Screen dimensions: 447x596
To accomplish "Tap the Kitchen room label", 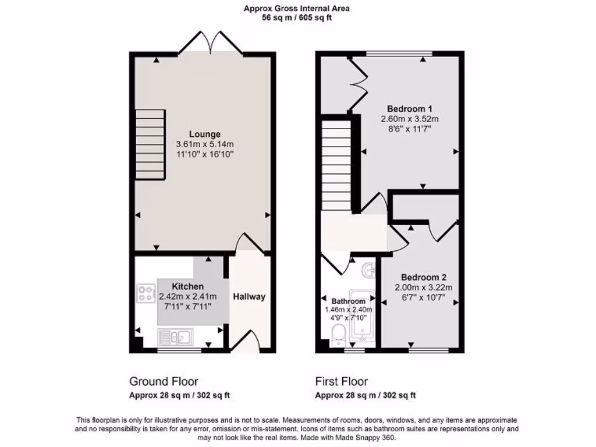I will (x=187, y=286).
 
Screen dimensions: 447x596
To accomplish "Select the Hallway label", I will (x=249, y=296).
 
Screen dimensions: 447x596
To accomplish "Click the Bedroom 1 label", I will (x=409, y=108).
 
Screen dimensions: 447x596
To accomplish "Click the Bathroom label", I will (x=348, y=301).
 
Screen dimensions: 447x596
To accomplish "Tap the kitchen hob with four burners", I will (x=144, y=293).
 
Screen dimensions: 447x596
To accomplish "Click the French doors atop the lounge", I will (x=210, y=44).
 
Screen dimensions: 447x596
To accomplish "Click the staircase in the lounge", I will (x=150, y=145).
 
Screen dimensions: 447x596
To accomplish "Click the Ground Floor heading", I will (x=164, y=382).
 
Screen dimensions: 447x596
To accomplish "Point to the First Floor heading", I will (x=342, y=382).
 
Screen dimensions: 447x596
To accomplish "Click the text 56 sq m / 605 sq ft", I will (x=297, y=18).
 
